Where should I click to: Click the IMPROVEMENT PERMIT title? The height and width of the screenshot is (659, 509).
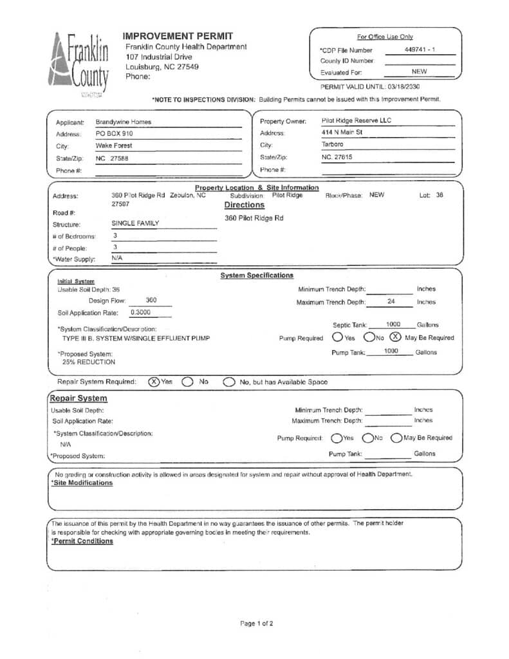[x=178, y=36]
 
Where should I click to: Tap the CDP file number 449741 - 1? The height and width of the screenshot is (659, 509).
[x=420, y=50]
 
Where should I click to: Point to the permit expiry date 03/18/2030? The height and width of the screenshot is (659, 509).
[x=403, y=86]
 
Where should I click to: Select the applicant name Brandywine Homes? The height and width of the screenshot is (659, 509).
[x=123, y=122]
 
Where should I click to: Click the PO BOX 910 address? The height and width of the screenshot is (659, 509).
[x=114, y=134]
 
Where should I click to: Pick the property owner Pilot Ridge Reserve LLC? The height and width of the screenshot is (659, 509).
[x=356, y=120]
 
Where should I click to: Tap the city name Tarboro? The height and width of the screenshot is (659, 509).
[x=333, y=145]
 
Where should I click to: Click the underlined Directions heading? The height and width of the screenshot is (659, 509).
[x=244, y=205]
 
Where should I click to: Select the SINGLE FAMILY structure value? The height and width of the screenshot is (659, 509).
[x=135, y=224]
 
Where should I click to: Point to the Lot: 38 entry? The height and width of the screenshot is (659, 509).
[x=430, y=195]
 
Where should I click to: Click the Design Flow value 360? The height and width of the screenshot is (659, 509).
[x=151, y=301]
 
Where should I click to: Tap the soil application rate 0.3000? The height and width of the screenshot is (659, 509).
[x=140, y=312]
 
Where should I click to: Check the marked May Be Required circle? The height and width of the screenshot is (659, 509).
[x=395, y=337]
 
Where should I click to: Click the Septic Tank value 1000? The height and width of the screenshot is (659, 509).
[x=393, y=324]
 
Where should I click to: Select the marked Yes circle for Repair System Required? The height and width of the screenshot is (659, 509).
[x=154, y=382]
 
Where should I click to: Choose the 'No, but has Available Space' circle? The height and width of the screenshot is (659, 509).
[x=228, y=382]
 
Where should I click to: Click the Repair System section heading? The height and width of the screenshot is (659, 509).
[x=79, y=398]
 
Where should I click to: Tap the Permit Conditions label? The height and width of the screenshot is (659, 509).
[x=82, y=541]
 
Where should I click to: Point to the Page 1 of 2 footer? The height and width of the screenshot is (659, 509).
[x=256, y=624]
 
